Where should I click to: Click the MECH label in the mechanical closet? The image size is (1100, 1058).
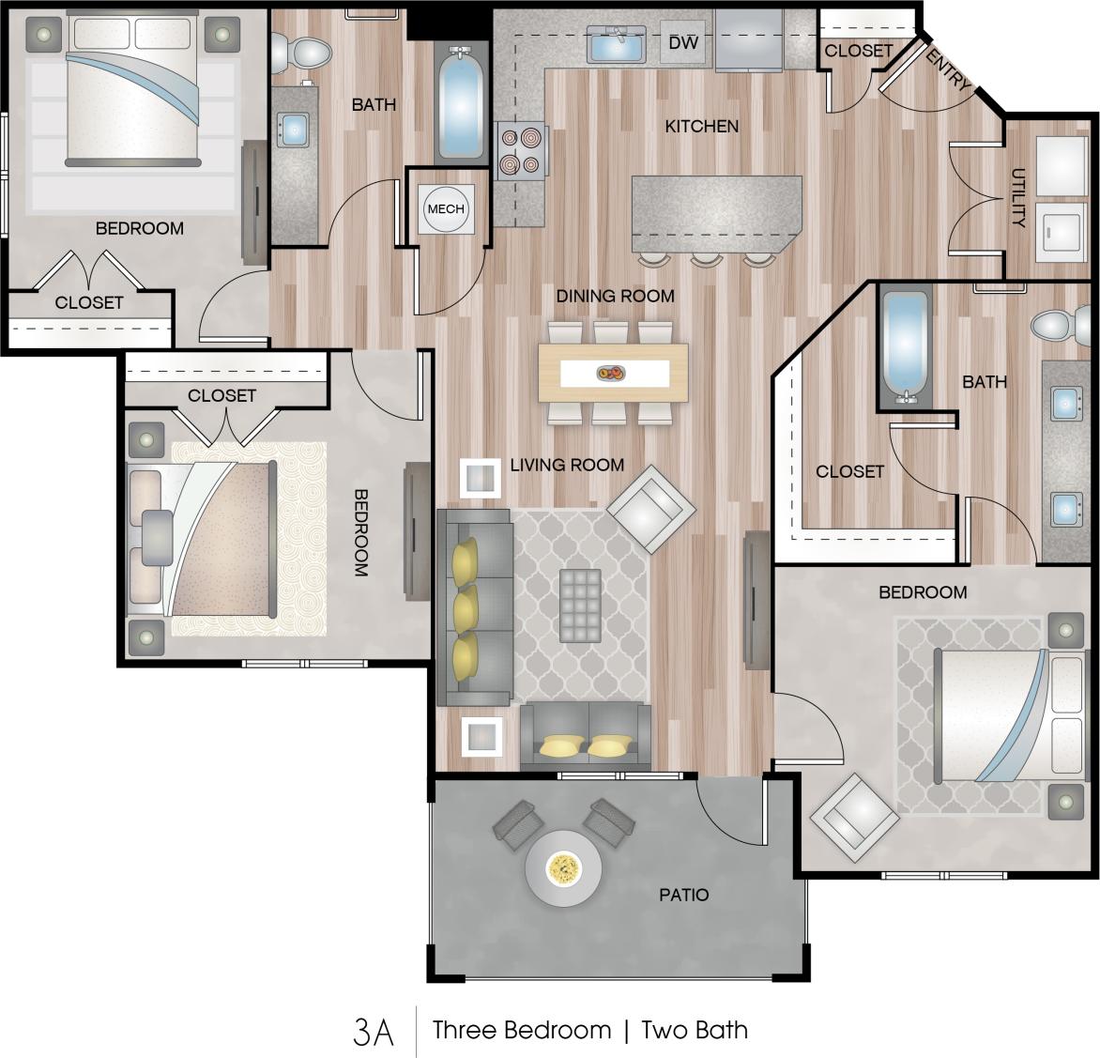[445, 208]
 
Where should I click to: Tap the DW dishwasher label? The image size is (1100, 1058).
[683, 43]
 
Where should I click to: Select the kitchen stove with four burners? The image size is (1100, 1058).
[521, 150]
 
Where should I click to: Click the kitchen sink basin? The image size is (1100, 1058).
[616, 43]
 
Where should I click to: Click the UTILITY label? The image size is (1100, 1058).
[1018, 198]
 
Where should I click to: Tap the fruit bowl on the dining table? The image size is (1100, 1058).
[610, 374]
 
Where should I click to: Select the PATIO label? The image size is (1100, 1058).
[683, 895]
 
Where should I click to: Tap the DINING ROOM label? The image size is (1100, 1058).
[615, 296]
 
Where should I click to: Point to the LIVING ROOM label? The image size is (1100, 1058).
[567, 465]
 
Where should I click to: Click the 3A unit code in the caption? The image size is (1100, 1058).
[373, 1031]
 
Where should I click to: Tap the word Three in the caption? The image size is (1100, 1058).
[471, 1030]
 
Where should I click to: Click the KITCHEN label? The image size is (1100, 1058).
[701, 126]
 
